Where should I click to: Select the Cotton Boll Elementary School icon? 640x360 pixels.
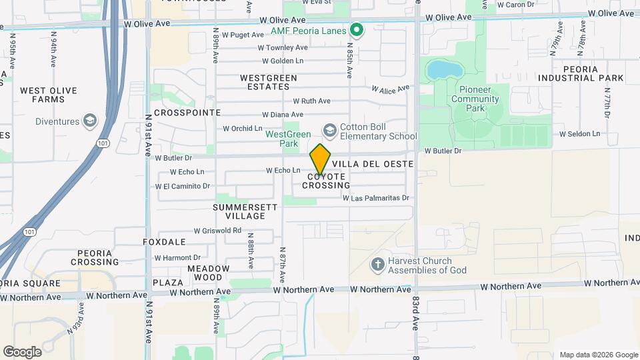click(329, 129)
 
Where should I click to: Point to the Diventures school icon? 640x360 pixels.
click(90, 121)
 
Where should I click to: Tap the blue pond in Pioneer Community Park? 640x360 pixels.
click(439, 69)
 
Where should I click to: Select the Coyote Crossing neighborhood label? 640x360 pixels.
click(326, 181)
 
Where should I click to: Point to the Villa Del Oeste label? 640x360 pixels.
click(373, 164)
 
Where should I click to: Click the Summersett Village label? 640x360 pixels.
click(245, 212)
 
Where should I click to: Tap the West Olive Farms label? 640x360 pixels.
click(49, 95)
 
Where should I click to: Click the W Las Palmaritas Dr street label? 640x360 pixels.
click(375, 198)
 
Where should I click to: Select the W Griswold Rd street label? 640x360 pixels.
click(217, 231)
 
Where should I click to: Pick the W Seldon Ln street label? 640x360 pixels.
click(579, 134)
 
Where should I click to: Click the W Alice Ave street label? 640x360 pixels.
click(390, 89)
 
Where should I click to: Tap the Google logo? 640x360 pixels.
click(22, 352)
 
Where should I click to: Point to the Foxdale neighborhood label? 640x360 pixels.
click(164, 242)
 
